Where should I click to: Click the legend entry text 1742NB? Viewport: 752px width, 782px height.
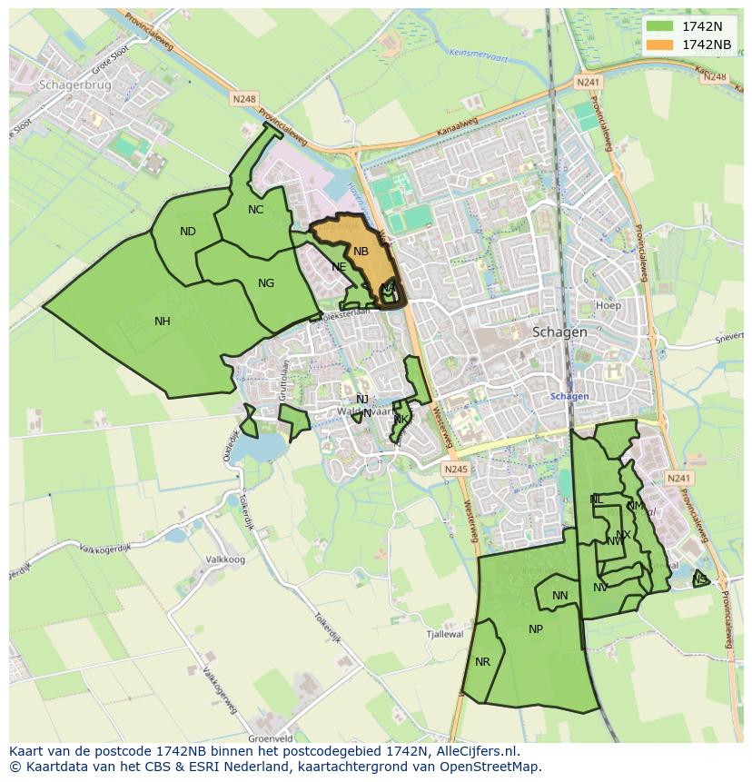[707, 45]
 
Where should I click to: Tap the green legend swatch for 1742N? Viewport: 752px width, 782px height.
[660, 26]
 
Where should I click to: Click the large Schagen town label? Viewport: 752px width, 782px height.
[559, 332]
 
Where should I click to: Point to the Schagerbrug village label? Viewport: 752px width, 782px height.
[74, 84]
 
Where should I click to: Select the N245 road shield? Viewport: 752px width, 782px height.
[456, 470]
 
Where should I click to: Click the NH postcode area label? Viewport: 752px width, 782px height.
[163, 322]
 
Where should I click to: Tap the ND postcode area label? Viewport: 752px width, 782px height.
[188, 232]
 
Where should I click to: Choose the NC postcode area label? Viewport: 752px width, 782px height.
[255, 210]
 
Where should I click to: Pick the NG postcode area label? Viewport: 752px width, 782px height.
[266, 283]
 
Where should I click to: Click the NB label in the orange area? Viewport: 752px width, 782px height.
[361, 252]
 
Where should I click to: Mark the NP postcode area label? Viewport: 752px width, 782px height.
[536, 629]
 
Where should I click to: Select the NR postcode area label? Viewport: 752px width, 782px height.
[482, 662]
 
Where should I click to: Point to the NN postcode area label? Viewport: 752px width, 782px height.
[560, 596]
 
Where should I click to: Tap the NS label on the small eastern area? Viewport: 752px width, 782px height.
[699, 579]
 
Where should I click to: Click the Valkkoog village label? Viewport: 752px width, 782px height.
[226, 559]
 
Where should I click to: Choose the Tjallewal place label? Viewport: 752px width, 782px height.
[446, 635]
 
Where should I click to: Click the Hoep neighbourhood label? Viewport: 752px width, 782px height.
[609, 306]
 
